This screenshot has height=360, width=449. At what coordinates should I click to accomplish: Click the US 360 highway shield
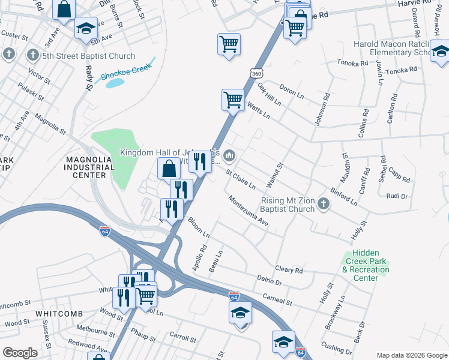click(x=256, y=73)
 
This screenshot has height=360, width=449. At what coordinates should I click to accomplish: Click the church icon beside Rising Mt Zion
click(x=324, y=205)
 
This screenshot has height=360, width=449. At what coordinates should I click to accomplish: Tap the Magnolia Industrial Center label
click(x=88, y=167)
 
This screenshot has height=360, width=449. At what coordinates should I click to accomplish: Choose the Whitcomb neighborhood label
click(x=58, y=314)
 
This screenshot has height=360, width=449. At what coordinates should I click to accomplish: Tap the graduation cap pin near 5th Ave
click(x=86, y=27)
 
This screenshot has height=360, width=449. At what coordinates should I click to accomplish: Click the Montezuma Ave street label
click(x=247, y=211)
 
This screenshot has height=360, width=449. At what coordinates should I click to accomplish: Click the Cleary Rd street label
click(x=289, y=270)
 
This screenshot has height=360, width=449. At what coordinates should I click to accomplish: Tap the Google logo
click(x=20, y=352)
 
